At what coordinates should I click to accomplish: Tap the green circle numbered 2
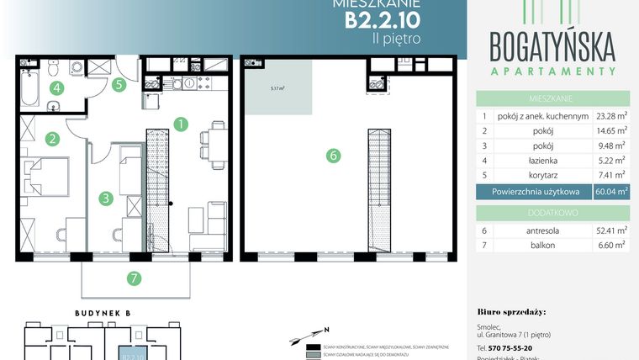[x=51, y=139]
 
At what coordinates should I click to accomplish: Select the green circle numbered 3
[x=105, y=199]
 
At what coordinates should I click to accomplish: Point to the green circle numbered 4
[x=56, y=87]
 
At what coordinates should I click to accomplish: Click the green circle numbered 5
[x=119, y=83]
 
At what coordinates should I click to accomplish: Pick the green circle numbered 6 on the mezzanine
[x=334, y=155]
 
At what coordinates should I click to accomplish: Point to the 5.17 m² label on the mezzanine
[x=277, y=87]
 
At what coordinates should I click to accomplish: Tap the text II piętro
[x=394, y=38]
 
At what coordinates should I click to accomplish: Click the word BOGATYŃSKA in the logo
[x=552, y=44]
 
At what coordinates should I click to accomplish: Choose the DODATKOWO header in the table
[x=552, y=210]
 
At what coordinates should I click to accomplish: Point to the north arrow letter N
[x=327, y=330]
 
